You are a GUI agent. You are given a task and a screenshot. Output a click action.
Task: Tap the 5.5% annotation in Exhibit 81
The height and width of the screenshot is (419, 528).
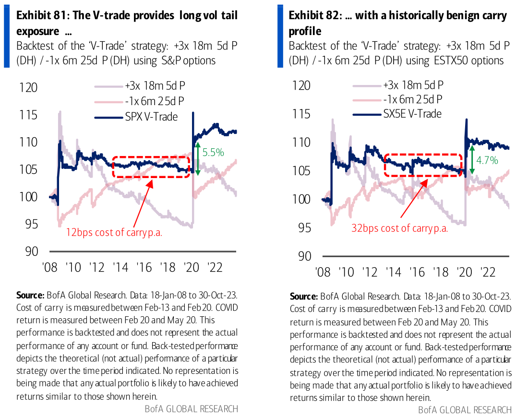pyautogui.click(x=213, y=153)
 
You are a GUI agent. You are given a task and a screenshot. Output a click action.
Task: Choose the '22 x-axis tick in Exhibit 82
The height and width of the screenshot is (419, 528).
pyautogui.click(x=488, y=272)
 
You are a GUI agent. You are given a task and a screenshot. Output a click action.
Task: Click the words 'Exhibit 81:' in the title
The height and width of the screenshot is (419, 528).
pyautogui.click(x=44, y=16)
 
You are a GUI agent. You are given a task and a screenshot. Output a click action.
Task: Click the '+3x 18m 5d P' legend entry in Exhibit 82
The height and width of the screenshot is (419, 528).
pyautogui.click(x=413, y=85)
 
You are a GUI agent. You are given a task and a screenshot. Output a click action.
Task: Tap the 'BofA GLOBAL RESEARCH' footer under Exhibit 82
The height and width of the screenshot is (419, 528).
pyautogui.click(x=465, y=410)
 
